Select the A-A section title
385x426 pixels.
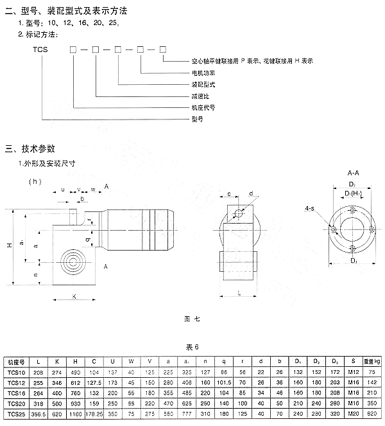tap(352, 173)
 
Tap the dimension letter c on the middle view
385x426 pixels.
tap(229, 193)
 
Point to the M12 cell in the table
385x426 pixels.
tap(352, 373)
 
